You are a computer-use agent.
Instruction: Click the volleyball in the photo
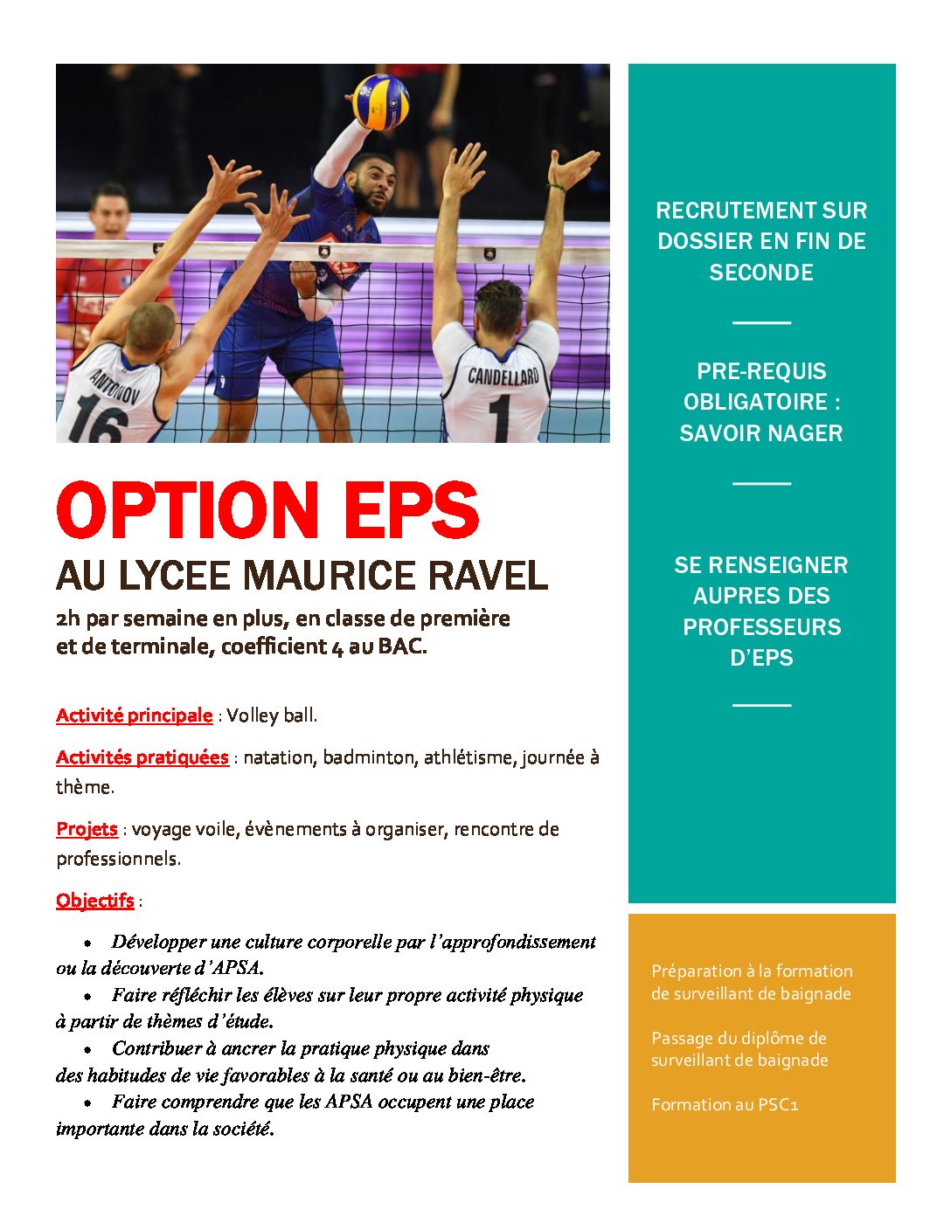[380, 101]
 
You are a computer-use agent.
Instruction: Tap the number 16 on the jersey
[94, 423]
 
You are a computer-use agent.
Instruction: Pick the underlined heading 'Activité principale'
[134, 715]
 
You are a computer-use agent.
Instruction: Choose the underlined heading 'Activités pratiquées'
[142, 757]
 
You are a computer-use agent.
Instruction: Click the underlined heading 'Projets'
[87, 829]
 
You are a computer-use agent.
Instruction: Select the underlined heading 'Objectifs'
[95, 901]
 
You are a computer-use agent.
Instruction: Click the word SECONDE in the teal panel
[761, 273]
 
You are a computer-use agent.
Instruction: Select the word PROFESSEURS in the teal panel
[761, 627]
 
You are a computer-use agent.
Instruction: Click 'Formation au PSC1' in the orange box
[725, 1105]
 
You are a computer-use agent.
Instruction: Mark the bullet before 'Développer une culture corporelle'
[88, 943]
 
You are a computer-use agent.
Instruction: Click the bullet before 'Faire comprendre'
[88, 1103]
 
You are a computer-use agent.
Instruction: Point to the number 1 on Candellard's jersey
[500, 418]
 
